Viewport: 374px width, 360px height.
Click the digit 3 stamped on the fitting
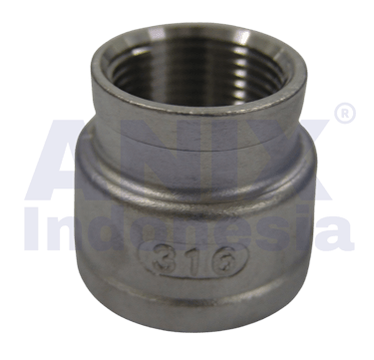pyautogui.click(x=162, y=260)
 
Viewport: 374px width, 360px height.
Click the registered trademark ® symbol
pyautogui.click(x=345, y=113)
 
